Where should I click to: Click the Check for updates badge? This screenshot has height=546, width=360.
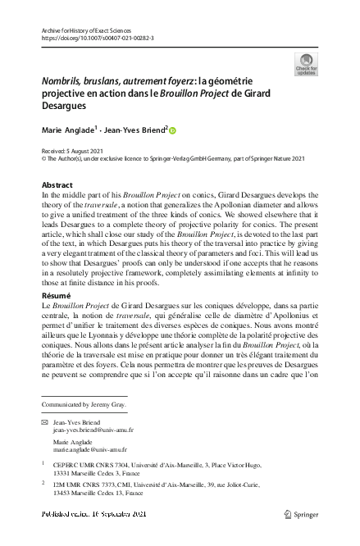306,65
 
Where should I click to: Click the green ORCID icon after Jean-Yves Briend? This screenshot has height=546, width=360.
173,129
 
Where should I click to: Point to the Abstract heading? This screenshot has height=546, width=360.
58,185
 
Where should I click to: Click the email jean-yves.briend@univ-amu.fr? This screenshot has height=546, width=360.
93,430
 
